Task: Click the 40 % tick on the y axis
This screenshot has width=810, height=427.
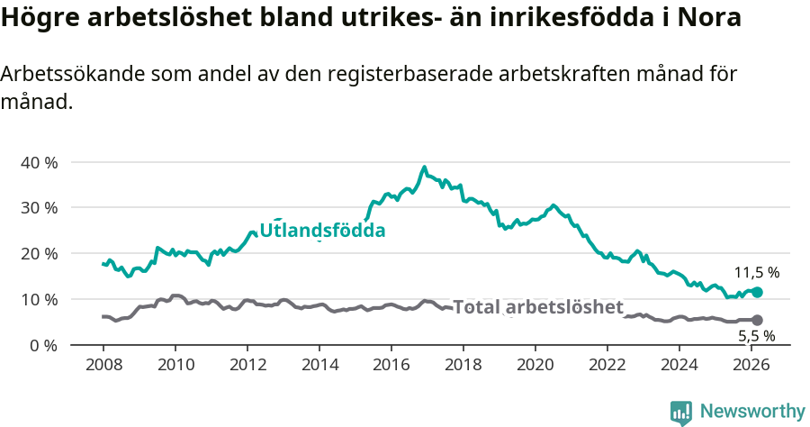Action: pos(39,163)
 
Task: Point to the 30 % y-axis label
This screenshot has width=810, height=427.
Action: pos(39,208)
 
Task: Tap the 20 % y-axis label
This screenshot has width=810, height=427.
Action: pos(39,254)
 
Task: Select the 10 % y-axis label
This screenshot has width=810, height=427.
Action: pos(39,299)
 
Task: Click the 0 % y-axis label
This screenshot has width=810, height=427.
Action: pos(43,345)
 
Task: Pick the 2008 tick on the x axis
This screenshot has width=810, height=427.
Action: pos(103,365)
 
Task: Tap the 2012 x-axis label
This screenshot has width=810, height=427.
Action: pos(247,365)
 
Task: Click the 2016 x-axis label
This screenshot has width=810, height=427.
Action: pos(391,365)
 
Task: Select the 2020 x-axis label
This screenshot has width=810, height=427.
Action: pos(535,365)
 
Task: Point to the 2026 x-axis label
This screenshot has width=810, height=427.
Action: pos(751,365)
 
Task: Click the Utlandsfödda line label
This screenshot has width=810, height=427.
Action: pos(322,231)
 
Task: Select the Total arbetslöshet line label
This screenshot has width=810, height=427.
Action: pos(537,307)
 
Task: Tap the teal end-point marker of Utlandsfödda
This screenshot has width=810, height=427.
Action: pos(757,292)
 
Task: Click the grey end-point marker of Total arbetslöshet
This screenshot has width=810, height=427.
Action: pos(757,320)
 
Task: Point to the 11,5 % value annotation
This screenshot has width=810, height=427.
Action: pos(757,272)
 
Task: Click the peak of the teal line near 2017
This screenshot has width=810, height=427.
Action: pos(424,167)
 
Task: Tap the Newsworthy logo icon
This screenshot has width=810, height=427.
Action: pos(681,413)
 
